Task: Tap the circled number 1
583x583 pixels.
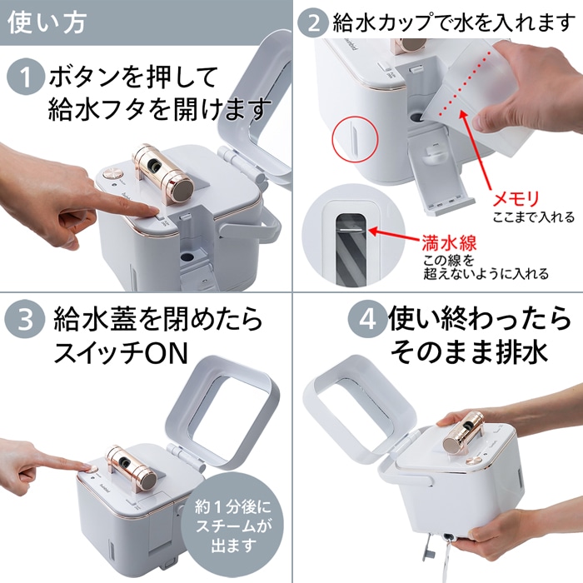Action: click(x=25, y=79)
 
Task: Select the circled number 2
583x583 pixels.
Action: click(x=314, y=21)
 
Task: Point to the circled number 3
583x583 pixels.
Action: click(x=25, y=319)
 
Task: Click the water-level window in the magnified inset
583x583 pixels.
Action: click(x=346, y=242)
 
